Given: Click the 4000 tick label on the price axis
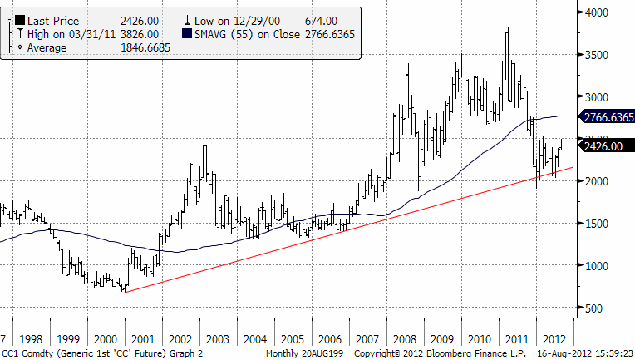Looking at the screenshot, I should pyautogui.click(x=606, y=12).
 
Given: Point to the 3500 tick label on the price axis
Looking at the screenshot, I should pyautogui.click(x=606, y=55).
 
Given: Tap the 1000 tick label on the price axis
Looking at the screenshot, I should pyautogui.click(x=606, y=265).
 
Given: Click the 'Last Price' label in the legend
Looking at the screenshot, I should pyautogui.click(x=53, y=19).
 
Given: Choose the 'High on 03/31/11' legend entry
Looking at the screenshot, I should pyautogui.click(x=71, y=33).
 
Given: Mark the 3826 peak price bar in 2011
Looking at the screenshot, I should pyautogui.click(x=507, y=30).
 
